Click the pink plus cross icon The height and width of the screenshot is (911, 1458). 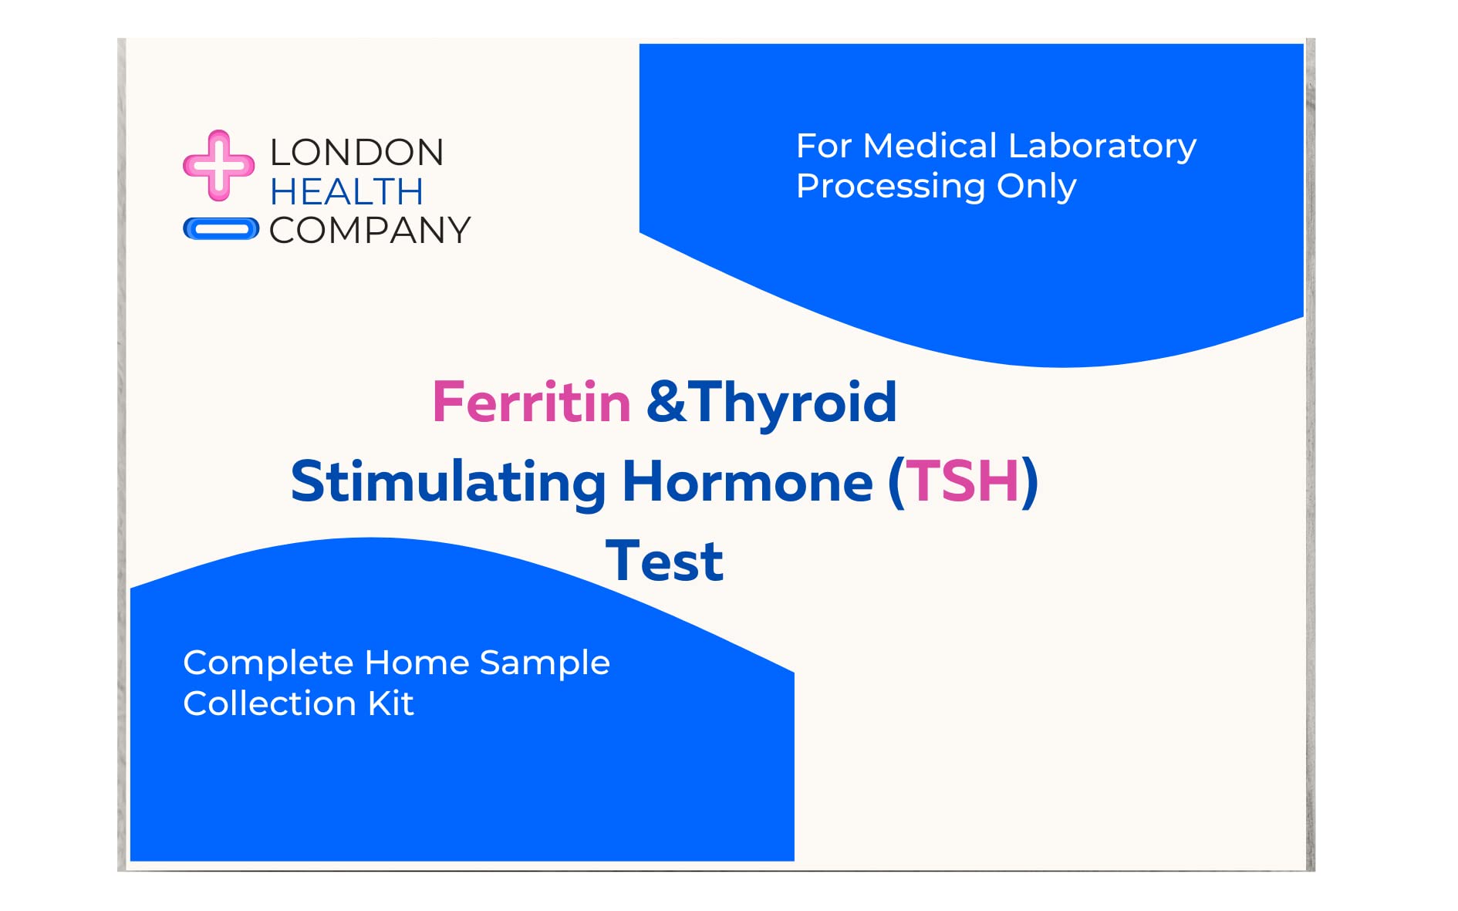tap(218, 165)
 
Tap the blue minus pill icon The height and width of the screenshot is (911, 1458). tap(221, 229)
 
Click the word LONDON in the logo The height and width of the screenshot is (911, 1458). tap(356, 153)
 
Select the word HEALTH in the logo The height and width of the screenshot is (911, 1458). tap(346, 192)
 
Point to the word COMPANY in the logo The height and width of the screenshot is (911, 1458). tap(370, 231)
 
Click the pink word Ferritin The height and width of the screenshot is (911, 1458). tap(532, 403)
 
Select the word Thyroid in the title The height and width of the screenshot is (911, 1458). tap(792, 403)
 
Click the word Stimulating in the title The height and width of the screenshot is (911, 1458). tap(448, 482)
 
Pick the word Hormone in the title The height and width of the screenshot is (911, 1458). tap(747, 482)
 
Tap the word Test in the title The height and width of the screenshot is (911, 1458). tap(664, 562)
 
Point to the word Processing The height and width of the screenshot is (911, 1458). tap(890, 187)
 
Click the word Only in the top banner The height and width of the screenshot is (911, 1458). tap(1036, 187)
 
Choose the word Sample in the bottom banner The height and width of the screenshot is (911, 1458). tap(545, 663)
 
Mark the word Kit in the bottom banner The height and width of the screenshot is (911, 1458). tap(391, 703)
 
